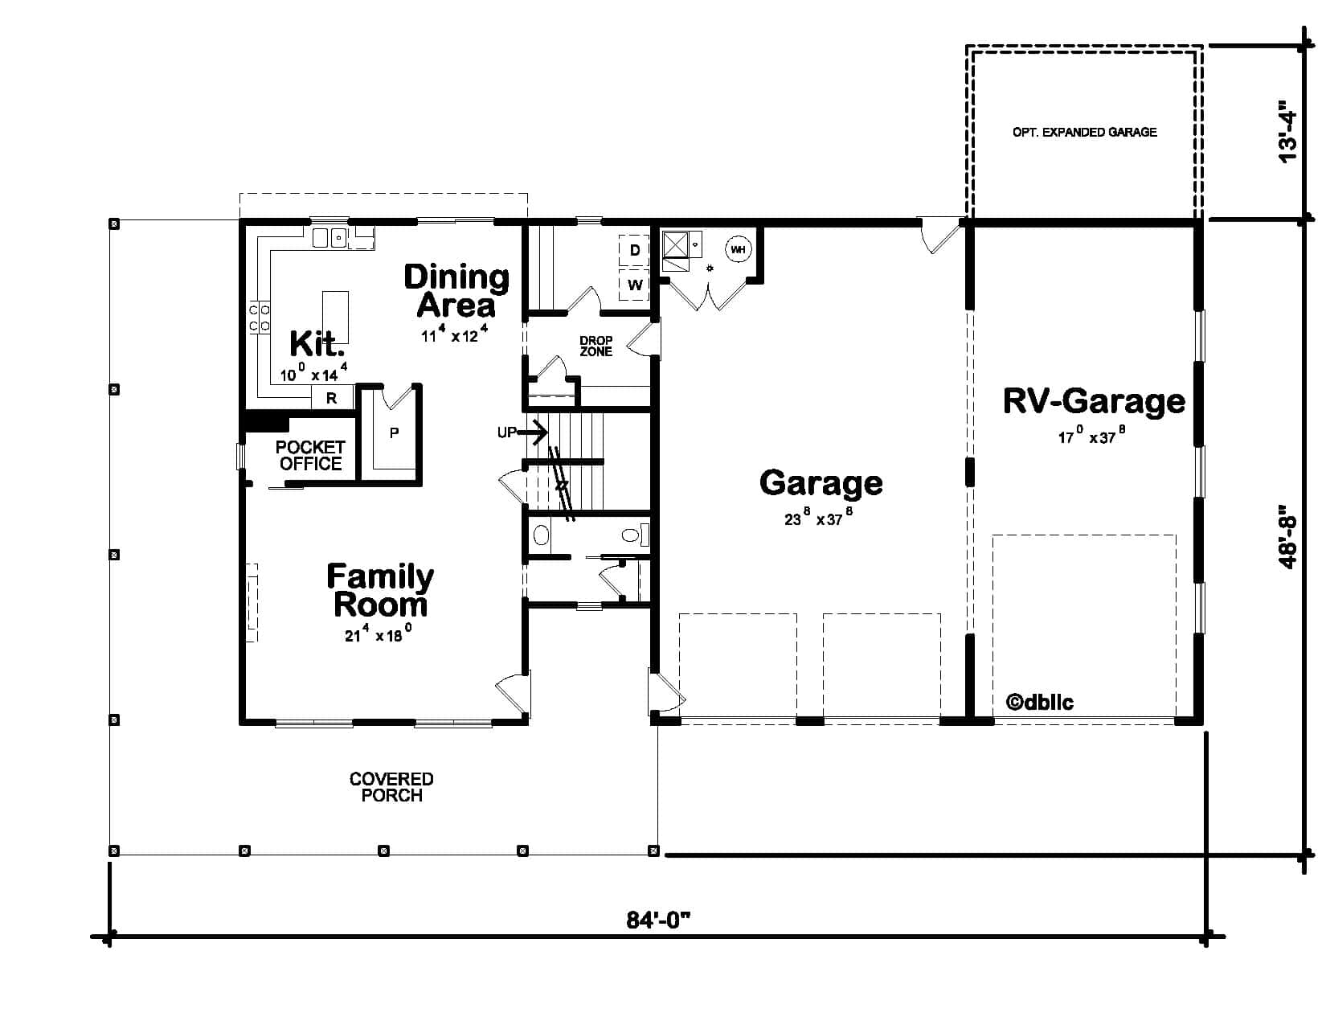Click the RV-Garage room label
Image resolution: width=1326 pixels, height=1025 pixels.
tap(1094, 401)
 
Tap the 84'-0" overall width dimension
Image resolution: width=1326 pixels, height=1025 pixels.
tap(659, 920)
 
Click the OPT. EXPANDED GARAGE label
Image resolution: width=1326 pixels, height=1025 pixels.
tap(1084, 132)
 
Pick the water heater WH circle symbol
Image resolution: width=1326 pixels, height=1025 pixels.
tap(737, 250)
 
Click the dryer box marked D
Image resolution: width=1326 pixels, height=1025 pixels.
tap(634, 251)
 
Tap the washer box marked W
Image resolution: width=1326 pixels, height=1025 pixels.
tap(634, 285)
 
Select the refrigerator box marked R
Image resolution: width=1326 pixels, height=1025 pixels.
tap(332, 397)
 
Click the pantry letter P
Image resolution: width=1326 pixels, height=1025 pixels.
tap(394, 433)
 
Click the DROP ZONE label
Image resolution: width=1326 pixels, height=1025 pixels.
tap(595, 346)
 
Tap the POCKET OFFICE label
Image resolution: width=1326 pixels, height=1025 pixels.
tap(310, 455)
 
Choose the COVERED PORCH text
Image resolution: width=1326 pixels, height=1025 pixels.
tap(391, 787)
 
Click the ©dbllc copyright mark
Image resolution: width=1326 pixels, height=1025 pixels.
tap(1039, 702)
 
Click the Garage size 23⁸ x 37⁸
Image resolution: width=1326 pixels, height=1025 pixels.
tap(817, 519)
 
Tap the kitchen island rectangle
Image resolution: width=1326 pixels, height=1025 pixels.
tap(335, 317)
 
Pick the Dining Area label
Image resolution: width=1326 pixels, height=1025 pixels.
tap(456, 290)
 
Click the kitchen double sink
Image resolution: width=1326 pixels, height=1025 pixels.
tap(330, 237)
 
